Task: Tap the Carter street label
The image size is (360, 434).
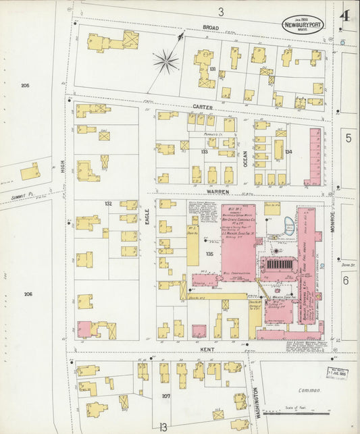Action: (x=203, y=107)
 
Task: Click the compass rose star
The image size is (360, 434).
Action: (x=165, y=62)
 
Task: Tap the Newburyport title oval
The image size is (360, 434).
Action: (x=303, y=24)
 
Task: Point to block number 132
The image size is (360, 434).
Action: (x=107, y=203)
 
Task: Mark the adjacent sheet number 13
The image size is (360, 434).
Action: (x=162, y=427)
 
